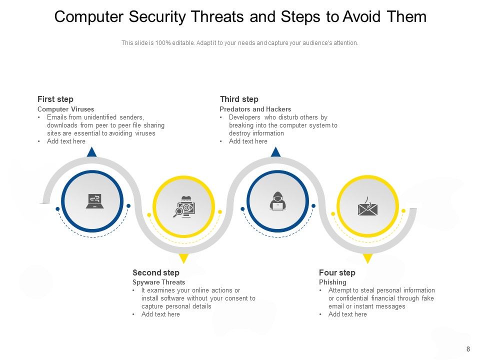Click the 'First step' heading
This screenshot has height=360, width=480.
(55, 99)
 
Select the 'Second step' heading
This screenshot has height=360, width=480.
(155, 273)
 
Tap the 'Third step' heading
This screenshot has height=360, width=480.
(239, 99)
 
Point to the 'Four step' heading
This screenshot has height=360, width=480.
(337, 273)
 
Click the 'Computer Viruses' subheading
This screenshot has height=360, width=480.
(65, 109)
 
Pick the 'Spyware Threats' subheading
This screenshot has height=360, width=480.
(158, 282)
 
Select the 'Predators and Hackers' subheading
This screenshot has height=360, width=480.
(255, 109)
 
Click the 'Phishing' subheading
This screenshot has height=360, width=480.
(332, 282)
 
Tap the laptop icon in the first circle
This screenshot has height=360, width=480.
(93, 201)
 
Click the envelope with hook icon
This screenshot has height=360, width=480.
(367, 206)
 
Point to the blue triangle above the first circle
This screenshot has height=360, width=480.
(91, 152)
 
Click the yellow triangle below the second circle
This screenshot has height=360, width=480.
(183, 258)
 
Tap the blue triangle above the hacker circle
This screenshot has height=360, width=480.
(275, 152)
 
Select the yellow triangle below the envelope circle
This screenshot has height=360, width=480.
(368, 258)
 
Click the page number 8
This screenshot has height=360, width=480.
(468, 349)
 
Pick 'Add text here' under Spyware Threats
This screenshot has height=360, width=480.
(160, 314)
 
